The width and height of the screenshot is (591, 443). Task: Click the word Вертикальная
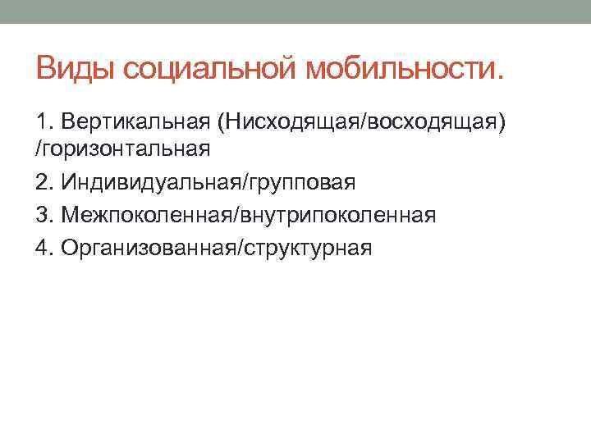click(x=131, y=122)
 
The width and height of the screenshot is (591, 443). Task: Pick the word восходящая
click(x=433, y=122)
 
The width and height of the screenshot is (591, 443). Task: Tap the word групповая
click(x=298, y=181)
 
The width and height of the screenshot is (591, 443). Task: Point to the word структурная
click(x=305, y=247)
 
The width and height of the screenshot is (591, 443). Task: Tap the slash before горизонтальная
click(x=39, y=149)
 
